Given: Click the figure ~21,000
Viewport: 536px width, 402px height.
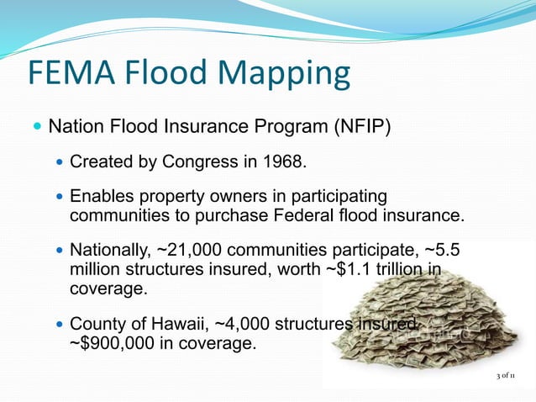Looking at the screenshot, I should click(191, 251).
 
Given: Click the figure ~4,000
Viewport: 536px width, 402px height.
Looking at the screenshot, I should click(245, 325).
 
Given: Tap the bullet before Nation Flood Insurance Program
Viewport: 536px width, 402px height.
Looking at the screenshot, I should click(36, 129).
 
